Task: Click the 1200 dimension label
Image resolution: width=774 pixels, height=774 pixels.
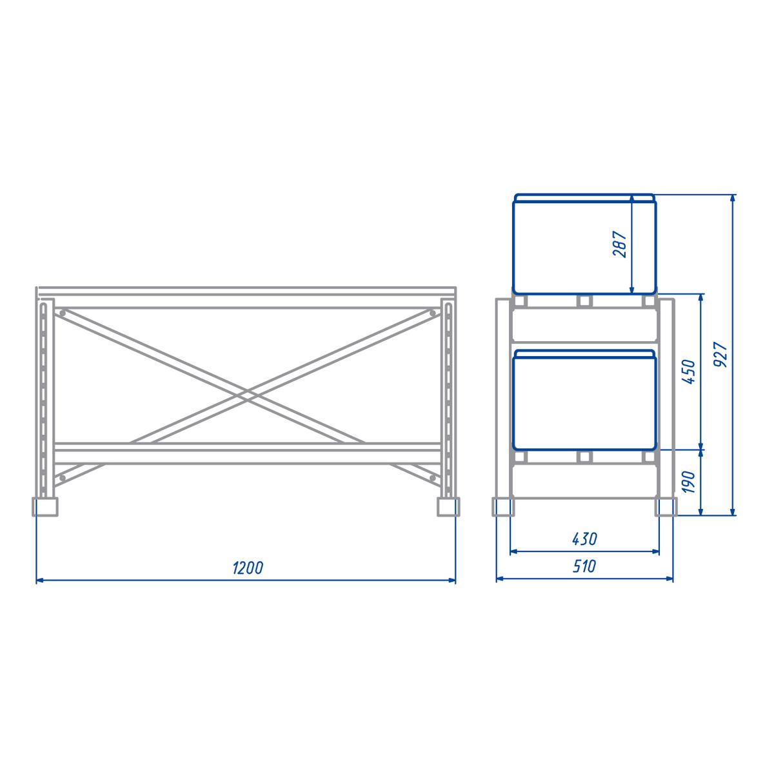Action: click(x=248, y=568)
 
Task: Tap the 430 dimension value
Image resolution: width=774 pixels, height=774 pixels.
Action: click(x=584, y=539)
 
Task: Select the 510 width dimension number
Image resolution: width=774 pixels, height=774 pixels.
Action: click(x=584, y=566)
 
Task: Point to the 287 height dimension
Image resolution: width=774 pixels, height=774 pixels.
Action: click(x=620, y=244)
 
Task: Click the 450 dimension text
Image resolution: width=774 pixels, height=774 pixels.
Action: click(x=688, y=372)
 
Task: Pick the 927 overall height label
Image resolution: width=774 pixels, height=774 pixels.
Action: click(x=721, y=354)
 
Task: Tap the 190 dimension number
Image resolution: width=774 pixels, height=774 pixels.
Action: click(x=688, y=482)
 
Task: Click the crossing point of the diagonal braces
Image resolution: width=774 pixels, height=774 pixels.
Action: click(x=247, y=395)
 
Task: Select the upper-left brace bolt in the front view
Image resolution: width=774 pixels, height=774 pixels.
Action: click(x=63, y=313)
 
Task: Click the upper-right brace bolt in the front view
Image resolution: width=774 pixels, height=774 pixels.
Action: click(x=433, y=313)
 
